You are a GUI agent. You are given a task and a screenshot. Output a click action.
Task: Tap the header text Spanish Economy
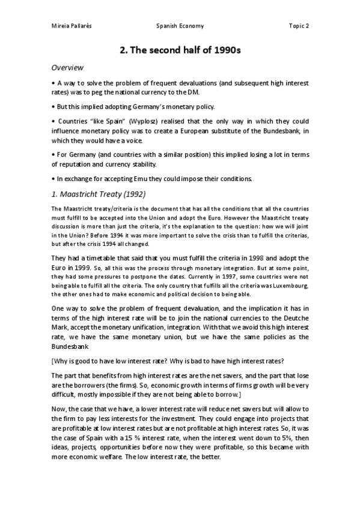[180, 26]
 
